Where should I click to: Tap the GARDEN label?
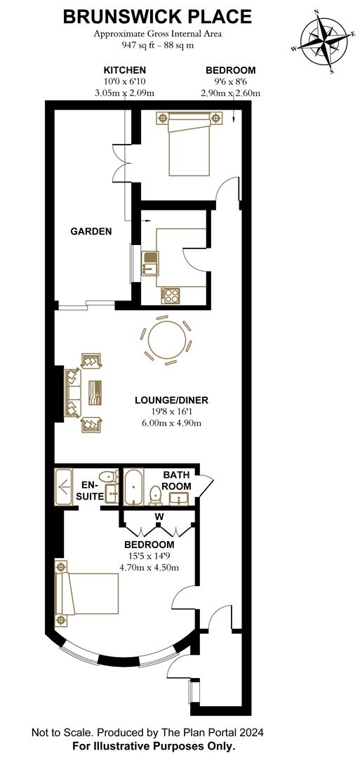91,231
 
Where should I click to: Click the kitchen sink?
149,263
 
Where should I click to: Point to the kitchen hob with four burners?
171,295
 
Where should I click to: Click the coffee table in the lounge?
95,392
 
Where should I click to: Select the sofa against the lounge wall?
73,392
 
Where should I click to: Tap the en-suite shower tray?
64,487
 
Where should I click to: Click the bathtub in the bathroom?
133,487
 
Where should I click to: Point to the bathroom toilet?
156,495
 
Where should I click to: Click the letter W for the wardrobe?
158,517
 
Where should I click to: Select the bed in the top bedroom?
189,143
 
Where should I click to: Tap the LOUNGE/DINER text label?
171,400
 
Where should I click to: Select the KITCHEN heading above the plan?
125,71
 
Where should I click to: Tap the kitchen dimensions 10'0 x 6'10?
125,81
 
